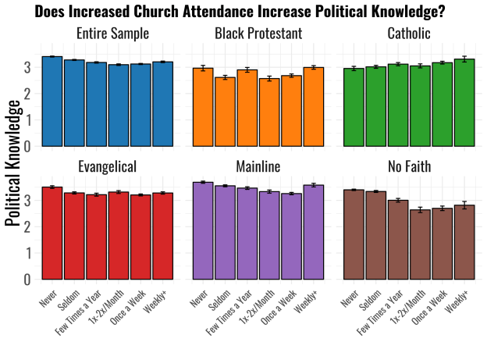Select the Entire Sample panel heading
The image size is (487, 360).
tap(107, 34)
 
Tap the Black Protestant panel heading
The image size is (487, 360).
tap(258, 34)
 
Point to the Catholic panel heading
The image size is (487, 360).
tap(409, 34)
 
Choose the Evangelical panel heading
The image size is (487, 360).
tap(107, 166)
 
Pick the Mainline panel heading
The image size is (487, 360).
tap(258, 166)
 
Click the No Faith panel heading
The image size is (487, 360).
tap(409, 166)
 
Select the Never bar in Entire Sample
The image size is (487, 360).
tap(52, 102)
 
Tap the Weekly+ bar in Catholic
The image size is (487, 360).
tap(464, 102)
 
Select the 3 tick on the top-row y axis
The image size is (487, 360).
tap(27, 68)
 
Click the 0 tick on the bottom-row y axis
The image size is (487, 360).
tap(27, 279)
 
